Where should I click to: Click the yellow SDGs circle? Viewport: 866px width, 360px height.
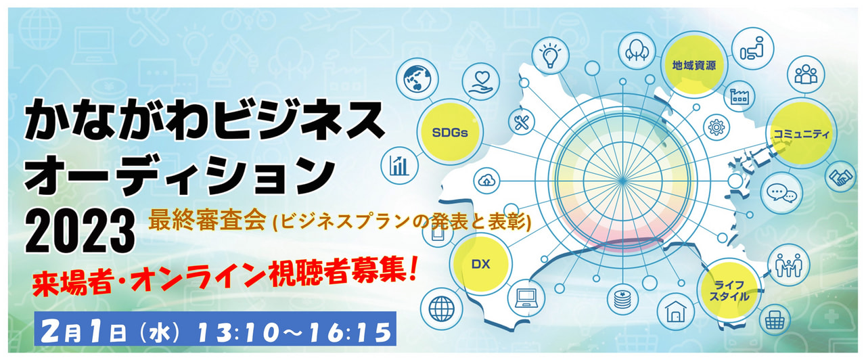(450, 132)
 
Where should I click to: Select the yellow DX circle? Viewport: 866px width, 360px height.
(481, 265)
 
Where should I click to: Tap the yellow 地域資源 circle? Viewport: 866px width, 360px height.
(694, 65)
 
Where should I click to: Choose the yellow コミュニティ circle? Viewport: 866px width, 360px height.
(801, 134)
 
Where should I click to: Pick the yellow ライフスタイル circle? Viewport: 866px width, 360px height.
(729, 291)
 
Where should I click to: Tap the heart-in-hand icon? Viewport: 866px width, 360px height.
(480, 83)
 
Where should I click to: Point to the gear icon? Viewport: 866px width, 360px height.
(716, 127)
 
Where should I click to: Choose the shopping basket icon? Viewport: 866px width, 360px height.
(775, 320)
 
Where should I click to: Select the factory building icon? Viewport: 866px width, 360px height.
(739, 96)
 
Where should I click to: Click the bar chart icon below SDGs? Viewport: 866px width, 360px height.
(399, 166)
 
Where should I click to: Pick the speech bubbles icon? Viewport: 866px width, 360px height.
(781, 193)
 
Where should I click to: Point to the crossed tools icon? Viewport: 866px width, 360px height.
(522, 122)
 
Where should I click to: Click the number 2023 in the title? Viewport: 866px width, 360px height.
(81, 231)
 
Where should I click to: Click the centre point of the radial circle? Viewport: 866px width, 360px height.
(622, 180)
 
